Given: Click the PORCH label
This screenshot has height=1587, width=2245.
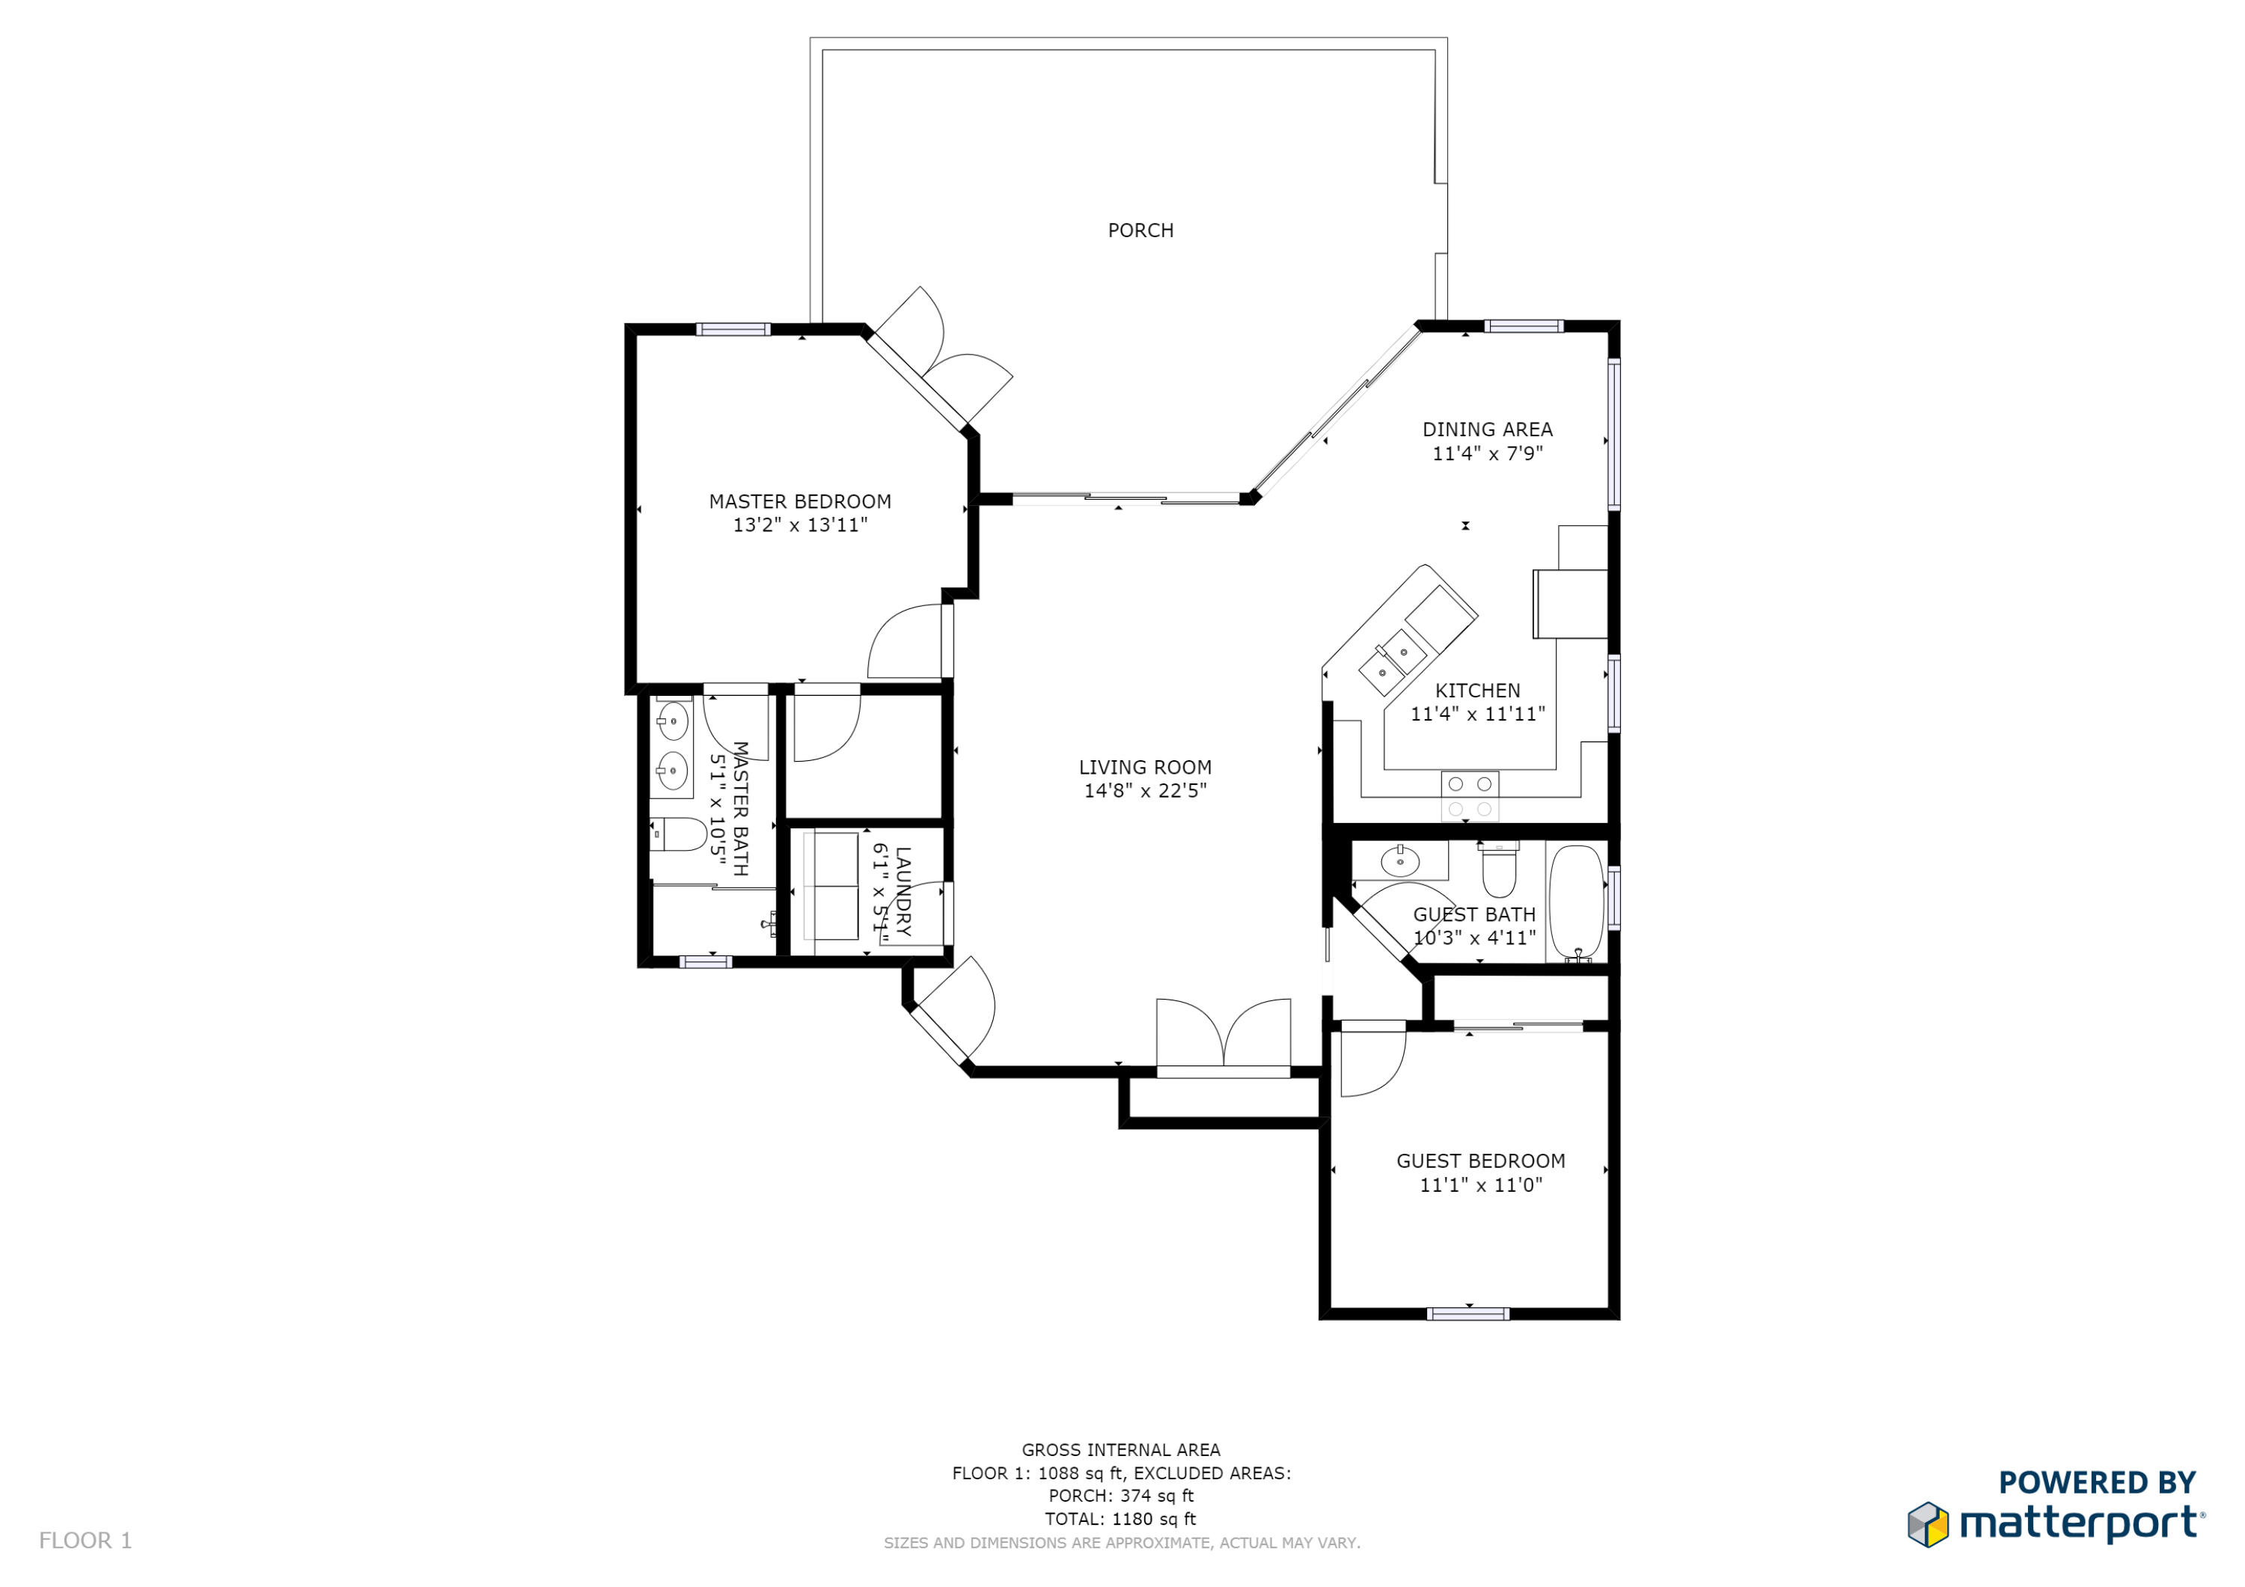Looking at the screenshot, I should [x=1140, y=230].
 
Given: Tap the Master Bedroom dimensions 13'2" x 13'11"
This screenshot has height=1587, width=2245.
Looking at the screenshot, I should [x=800, y=525].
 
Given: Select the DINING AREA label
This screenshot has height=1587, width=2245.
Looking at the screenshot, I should [x=1487, y=429].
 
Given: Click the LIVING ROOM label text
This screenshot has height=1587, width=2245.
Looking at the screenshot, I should [x=1145, y=768].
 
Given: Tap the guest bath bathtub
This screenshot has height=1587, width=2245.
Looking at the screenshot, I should [x=1576, y=902].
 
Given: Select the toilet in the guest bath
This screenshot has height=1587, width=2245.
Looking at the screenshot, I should [x=1499, y=869].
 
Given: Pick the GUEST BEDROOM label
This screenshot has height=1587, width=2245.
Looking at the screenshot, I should [x=1480, y=1161].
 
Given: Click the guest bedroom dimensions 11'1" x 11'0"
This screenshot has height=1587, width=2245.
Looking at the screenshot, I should [x=1480, y=1185].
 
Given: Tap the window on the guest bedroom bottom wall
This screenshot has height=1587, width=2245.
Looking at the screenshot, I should [x=1467, y=1313].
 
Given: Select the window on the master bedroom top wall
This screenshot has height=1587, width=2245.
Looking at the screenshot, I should [x=733, y=329].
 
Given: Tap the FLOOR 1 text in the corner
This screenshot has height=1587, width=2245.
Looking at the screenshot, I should [x=85, y=1540].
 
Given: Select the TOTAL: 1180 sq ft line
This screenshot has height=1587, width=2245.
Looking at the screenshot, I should [x=1120, y=1519].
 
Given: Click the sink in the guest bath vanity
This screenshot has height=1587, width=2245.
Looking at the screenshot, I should [x=1400, y=861].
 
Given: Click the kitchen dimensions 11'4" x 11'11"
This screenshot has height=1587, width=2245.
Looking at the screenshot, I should [x=1477, y=714].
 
